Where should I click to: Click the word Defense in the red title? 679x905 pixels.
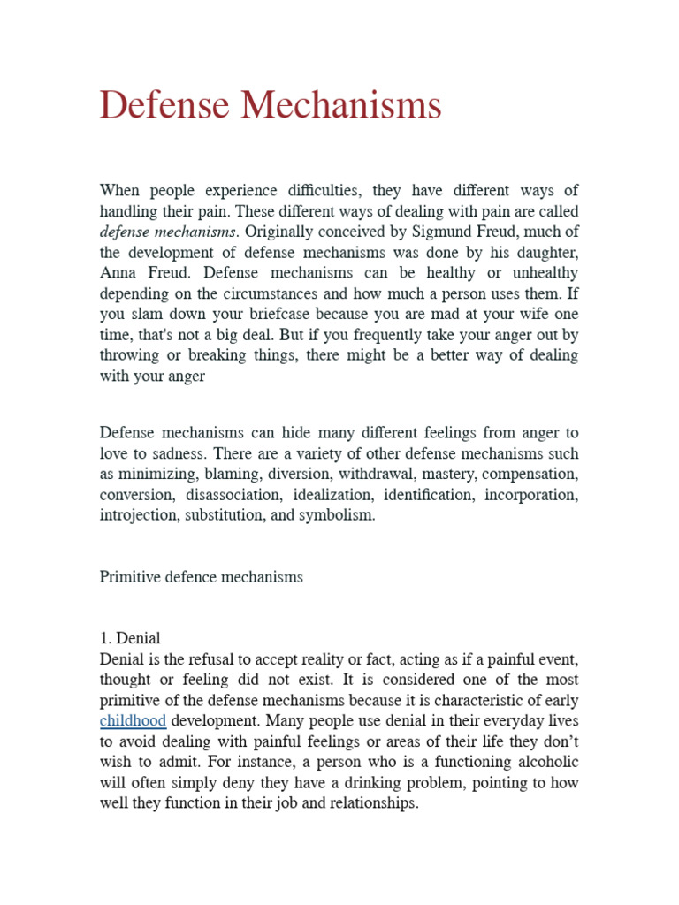pos(164,105)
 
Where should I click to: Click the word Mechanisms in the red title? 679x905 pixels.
pos(340,105)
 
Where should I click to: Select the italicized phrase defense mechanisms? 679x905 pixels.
pos(168,232)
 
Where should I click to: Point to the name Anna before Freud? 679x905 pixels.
pos(120,273)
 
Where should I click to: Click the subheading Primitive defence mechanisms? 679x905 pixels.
pos(201,576)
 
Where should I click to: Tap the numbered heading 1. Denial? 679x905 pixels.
pos(130,638)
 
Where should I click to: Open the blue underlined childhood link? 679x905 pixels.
pos(133,720)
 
